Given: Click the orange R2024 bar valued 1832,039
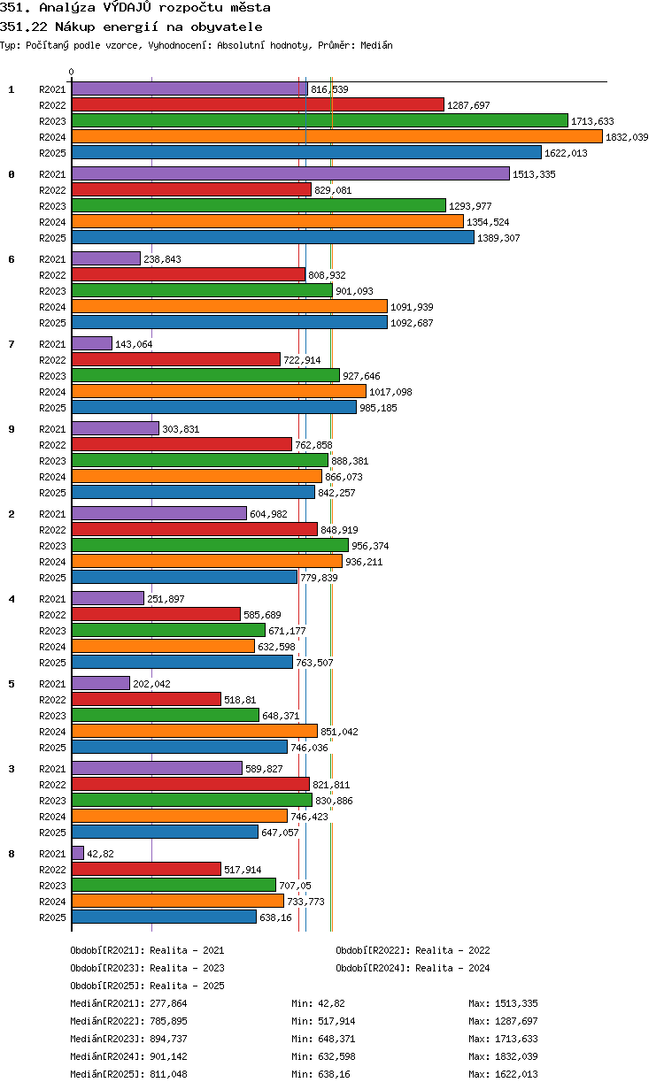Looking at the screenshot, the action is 336,137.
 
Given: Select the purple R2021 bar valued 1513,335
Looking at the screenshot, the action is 290,173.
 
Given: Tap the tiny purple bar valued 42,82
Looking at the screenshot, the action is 78,853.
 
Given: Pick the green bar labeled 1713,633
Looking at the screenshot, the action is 320,120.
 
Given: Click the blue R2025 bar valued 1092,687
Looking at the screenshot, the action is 230,322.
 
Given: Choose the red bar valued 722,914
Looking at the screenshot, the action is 176,359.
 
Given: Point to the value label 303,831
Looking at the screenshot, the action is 181,429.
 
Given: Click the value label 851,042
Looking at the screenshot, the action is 339,732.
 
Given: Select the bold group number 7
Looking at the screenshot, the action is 12,344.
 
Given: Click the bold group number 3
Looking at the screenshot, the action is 12,769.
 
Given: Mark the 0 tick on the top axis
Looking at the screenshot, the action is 72,72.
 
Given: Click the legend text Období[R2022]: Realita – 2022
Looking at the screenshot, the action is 413,950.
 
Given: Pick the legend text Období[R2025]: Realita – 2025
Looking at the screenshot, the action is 148,986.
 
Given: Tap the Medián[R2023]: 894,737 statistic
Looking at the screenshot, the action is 128,1039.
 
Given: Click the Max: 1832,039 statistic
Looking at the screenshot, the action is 504,1056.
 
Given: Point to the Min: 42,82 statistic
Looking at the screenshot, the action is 318,1003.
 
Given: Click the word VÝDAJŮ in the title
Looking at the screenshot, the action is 127,7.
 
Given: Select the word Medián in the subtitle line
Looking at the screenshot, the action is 376,45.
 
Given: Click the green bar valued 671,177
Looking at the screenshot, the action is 168,630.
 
